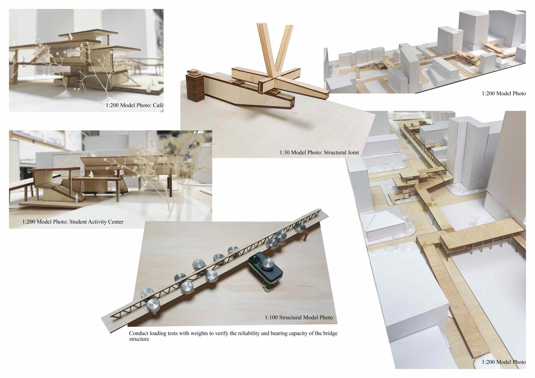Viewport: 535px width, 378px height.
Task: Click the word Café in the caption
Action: (x=157, y=105)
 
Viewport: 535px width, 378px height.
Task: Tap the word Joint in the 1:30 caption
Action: (x=352, y=152)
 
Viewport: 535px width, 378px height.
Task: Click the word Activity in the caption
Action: (x=98, y=222)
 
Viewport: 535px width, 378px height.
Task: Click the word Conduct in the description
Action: (x=138, y=333)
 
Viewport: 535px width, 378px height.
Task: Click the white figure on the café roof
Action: (x=71, y=36)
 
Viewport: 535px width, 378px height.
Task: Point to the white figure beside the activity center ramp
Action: (x=77, y=198)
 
